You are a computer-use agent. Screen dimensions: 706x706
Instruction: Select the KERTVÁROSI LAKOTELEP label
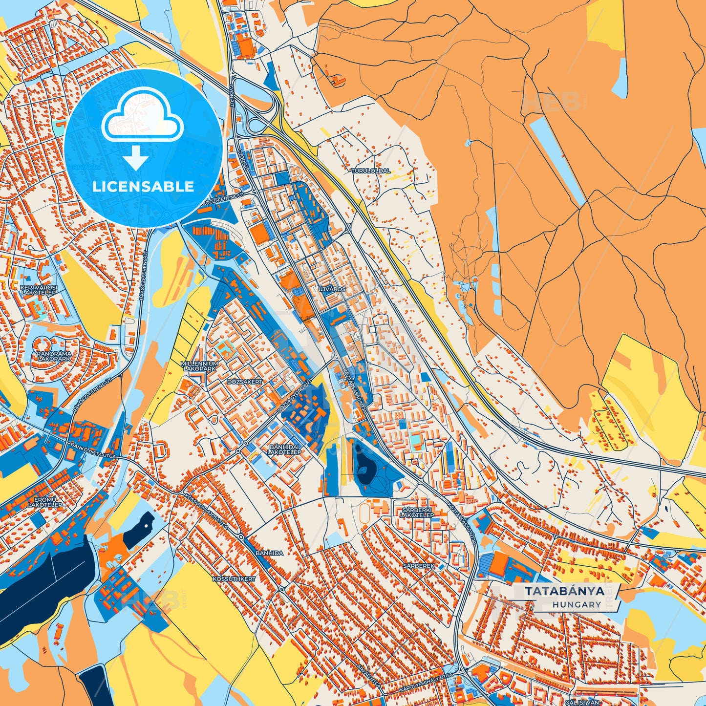pyautogui.click(x=39, y=289)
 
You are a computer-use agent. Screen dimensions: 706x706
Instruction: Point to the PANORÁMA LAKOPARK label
pyautogui.click(x=54, y=356)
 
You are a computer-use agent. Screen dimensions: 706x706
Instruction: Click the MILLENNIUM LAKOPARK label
pyautogui.click(x=199, y=366)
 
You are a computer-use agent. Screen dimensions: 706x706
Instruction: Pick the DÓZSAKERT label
pyautogui.click(x=245, y=381)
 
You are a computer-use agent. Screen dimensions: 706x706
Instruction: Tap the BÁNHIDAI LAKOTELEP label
pyautogui.click(x=284, y=449)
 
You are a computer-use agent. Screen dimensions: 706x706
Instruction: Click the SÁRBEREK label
pyautogui.click(x=418, y=565)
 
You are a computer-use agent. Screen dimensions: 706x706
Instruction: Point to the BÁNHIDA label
pyautogui.click(x=269, y=553)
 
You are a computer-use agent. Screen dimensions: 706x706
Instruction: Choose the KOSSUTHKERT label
pyautogui.click(x=234, y=578)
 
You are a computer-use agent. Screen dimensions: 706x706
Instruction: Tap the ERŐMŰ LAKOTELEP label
pyautogui.click(x=45, y=502)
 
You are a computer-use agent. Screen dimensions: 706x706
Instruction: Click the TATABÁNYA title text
pyautogui.click(x=564, y=591)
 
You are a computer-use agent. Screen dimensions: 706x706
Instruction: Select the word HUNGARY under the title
pyautogui.click(x=577, y=604)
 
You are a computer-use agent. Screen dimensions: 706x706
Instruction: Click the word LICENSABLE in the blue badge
pyautogui.click(x=143, y=187)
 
